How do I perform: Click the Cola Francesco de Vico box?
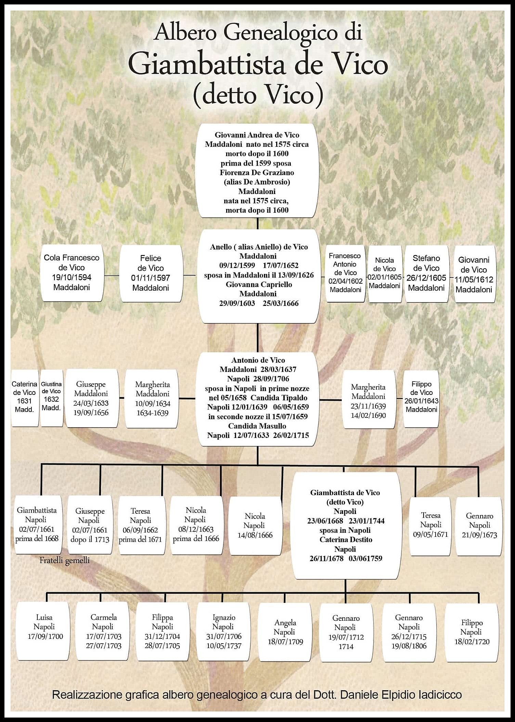pyautogui.click(x=72, y=272)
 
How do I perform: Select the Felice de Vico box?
pyautogui.click(x=151, y=273)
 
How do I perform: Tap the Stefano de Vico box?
pyautogui.click(x=426, y=273)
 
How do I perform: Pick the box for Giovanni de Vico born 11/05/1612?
pyautogui.click(x=474, y=274)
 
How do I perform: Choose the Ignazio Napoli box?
pyautogui.click(x=223, y=631)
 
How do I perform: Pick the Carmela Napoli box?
pyautogui.click(x=103, y=631)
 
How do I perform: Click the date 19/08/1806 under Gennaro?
pyautogui.click(x=409, y=646)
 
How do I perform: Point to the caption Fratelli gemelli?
pyautogui.click(x=64, y=560)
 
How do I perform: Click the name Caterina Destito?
pyautogui.click(x=346, y=540)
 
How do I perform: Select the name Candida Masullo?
pyautogui.click(x=257, y=426)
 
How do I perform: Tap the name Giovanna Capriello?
pyautogui.click(x=259, y=284)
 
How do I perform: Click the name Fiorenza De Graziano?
pyautogui.click(x=257, y=172)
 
